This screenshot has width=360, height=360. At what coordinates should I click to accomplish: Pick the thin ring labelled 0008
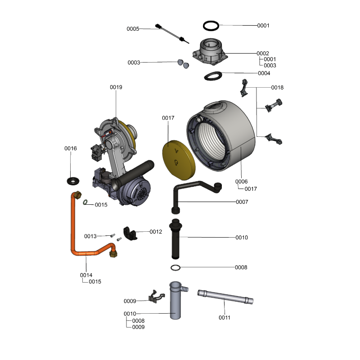176,268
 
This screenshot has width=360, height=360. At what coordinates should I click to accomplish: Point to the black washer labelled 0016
72,181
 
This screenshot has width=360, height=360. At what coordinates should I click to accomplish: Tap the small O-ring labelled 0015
85,202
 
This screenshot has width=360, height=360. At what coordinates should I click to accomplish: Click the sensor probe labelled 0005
171,34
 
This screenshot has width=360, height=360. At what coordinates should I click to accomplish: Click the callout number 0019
116,87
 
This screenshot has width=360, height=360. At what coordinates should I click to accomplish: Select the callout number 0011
225,317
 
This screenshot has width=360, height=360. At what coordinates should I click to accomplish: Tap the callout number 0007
242,202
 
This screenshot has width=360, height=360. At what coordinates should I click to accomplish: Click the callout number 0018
277,87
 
